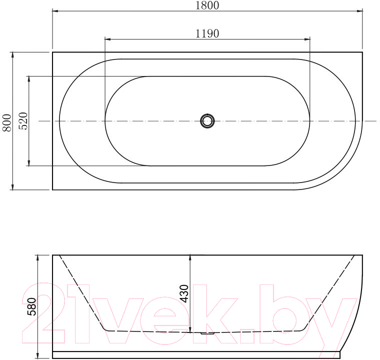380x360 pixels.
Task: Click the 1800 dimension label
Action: point(207,5)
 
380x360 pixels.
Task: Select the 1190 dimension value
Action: point(207,33)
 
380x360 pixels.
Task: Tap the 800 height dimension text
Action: point(7,122)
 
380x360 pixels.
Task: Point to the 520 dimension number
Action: point(23,121)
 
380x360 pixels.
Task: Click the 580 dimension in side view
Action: point(32,306)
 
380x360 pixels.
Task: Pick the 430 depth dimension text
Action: point(184,293)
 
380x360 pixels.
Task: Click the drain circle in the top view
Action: point(207,120)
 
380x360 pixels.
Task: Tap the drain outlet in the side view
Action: point(207,333)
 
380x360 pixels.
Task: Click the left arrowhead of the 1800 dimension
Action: point(55,11)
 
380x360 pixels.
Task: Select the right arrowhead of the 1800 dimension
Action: point(359,11)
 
